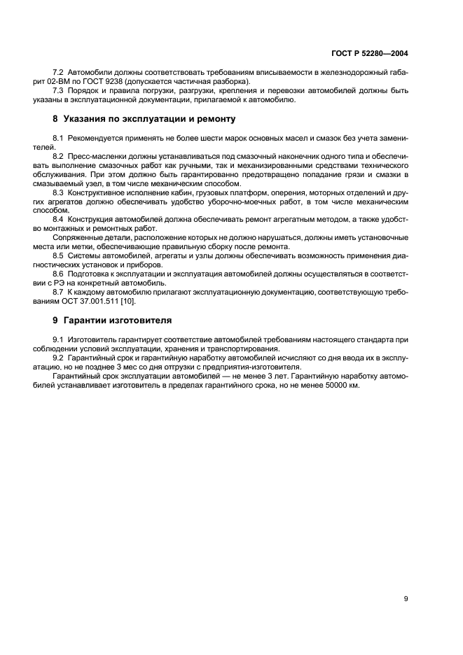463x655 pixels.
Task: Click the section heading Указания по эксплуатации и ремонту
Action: coord(144,119)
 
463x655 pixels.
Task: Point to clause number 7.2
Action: coord(59,73)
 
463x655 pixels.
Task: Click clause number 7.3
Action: coord(59,90)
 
